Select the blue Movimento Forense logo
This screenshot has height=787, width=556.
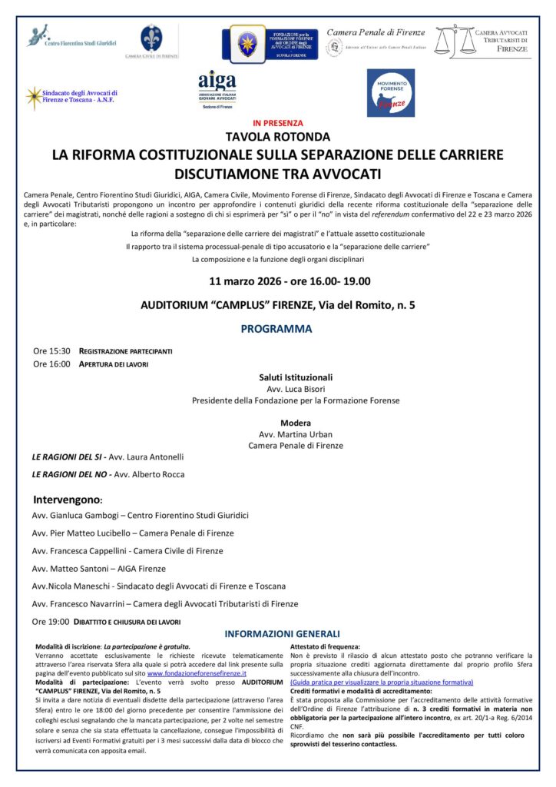pos(390,91)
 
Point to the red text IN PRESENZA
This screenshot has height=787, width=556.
pos(277,123)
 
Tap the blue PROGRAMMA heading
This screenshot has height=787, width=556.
pos(276,329)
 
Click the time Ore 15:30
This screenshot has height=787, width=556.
pos(51,351)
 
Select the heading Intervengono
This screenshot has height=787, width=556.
pos(68,499)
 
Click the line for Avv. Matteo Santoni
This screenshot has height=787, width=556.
pos(99,569)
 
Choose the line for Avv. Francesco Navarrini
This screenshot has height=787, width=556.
pos(165,604)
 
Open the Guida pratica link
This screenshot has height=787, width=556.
pos(381,682)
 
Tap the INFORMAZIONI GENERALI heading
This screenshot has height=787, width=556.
pos(282,634)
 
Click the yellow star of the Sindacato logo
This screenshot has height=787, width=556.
pos(34,97)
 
